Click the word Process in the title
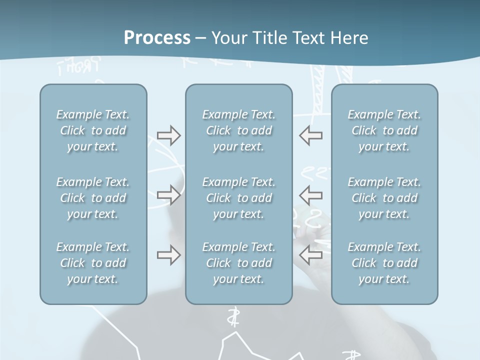[157, 38]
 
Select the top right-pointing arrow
[168, 135]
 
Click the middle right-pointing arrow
[168, 194]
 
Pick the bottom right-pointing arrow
[168, 255]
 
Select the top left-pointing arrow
[311, 135]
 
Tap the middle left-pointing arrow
[311, 194]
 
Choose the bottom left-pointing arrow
[311, 255]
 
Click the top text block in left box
[93, 130]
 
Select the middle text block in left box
[93, 198]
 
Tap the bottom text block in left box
[93, 263]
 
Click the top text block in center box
[238, 130]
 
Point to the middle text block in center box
[238, 198]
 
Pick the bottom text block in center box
[238, 263]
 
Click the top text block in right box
[384, 130]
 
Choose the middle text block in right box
[384, 198]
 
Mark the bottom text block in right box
[384, 263]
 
